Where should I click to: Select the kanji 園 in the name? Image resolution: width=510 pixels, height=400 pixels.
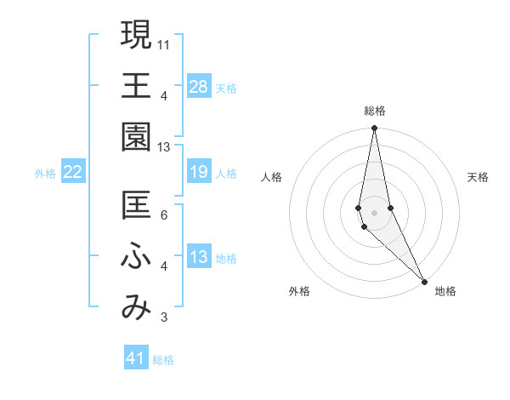pyautogui.click(x=136, y=136)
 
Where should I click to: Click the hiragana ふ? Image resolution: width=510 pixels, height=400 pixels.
pyautogui.click(x=136, y=257)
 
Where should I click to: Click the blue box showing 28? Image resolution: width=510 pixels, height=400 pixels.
pyautogui.click(x=199, y=86)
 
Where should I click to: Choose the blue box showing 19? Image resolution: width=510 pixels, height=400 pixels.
pyautogui.click(x=199, y=172)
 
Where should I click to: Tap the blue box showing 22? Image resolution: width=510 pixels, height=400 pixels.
pyautogui.click(x=73, y=172)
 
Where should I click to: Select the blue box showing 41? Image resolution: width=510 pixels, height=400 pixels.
pyautogui.click(x=136, y=358)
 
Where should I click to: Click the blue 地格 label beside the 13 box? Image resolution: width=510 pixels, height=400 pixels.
pyautogui.click(x=226, y=259)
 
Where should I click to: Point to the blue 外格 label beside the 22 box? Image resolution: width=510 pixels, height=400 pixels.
pyautogui.click(x=45, y=174)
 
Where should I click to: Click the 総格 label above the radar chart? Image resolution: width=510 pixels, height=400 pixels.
pyautogui.click(x=375, y=111)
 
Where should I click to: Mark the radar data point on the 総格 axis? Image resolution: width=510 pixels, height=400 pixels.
pyautogui.click(x=375, y=129)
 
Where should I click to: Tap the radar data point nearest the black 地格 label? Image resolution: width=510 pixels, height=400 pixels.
pyautogui.click(x=424, y=280)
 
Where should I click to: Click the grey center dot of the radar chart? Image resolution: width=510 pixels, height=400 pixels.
pyautogui.click(x=375, y=212)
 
